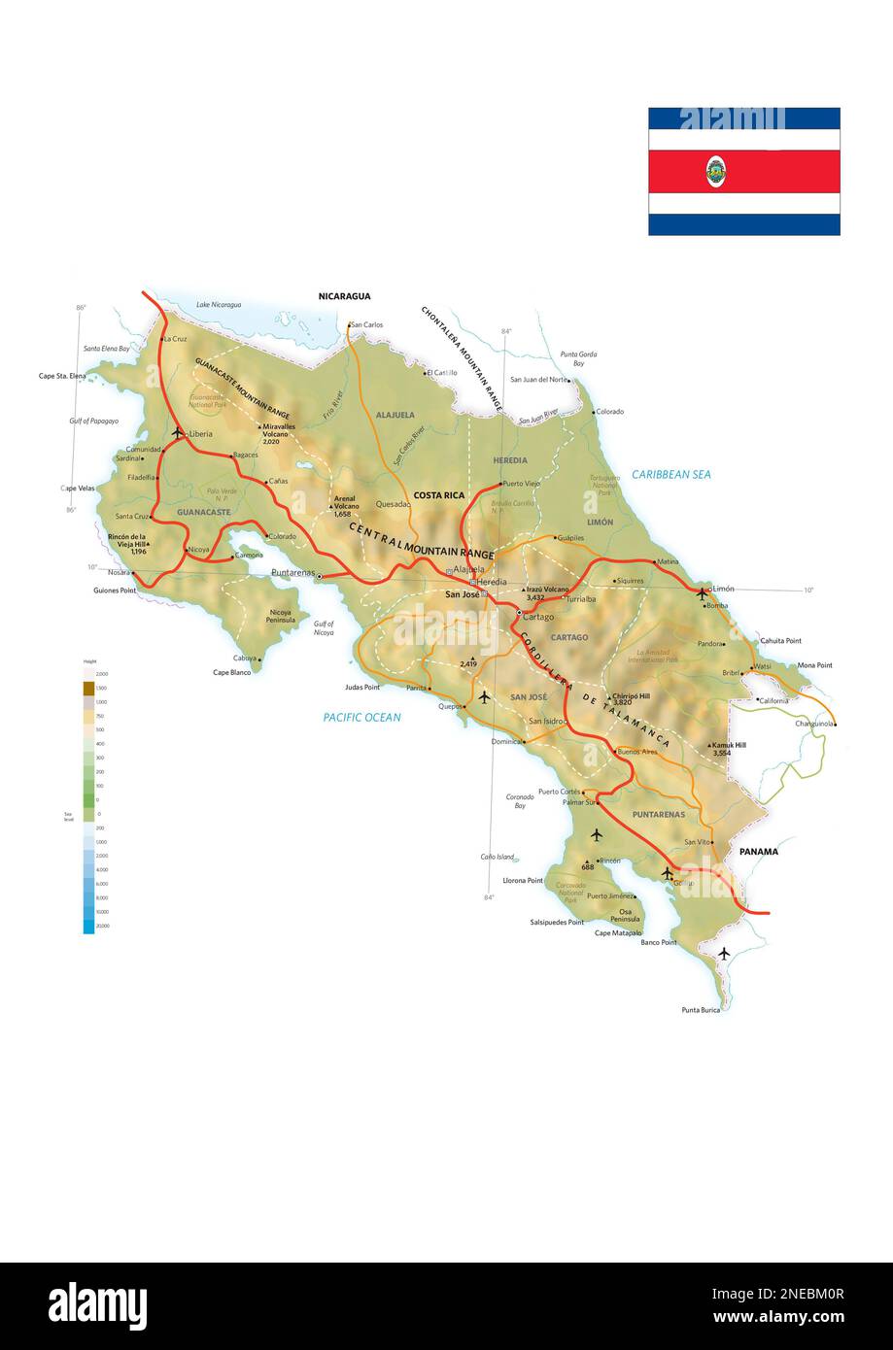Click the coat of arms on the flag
pyautogui.click(x=715, y=171)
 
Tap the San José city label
pyautogui.click(x=462, y=594)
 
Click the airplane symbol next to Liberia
pyautogui.click(x=177, y=431)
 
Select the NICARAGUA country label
pyautogui.click(x=344, y=296)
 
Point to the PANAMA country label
pyautogui.click(x=758, y=852)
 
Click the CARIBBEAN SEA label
pyautogui.click(x=670, y=475)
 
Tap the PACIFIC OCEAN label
pyautogui.click(x=361, y=718)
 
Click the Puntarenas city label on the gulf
pyautogui.click(x=292, y=573)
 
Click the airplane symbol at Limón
pyautogui.click(x=702, y=591)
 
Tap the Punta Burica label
pyautogui.click(x=702, y=1010)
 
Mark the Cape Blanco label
pyautogui.click(x=232, y=672)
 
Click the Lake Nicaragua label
pyautogui.click(x=219, y=305)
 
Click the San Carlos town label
pyautogui.click(x=366, y=324)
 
